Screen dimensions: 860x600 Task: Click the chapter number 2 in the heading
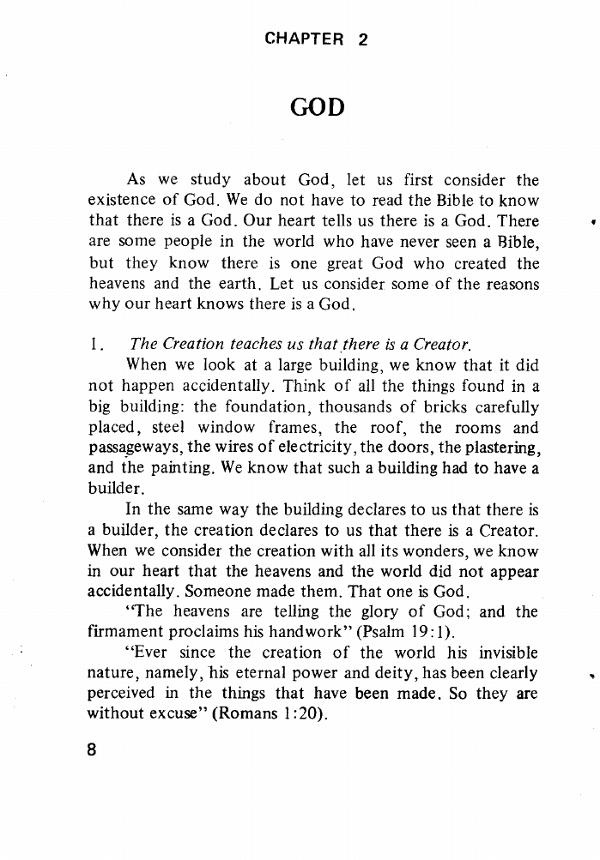click(x=362, y=39)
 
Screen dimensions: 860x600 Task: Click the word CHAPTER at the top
click(x=304, y=39)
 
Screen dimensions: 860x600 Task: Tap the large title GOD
click(x=317, y=108)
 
